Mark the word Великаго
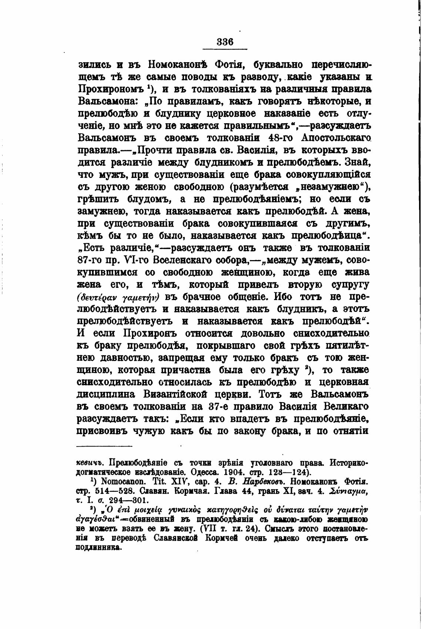[344, 406]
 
